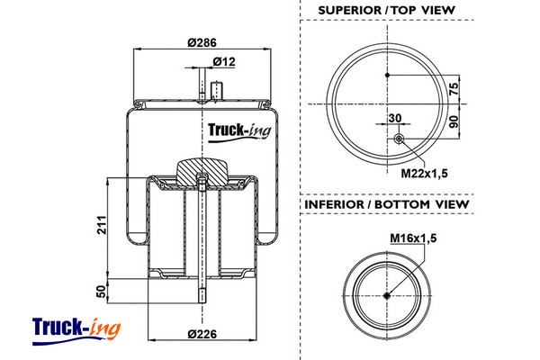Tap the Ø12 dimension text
(x=224, y=61)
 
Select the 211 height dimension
(x=103, y=226)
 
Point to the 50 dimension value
(x=103, y=291)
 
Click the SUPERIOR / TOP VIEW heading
(x=387, y=11)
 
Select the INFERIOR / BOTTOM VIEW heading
(x=387, y=205)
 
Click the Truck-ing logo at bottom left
(x=76, y=328)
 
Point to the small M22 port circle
(x=400, y=139)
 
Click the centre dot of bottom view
(x=388, y=297)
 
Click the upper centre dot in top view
(x=388, y=76)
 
